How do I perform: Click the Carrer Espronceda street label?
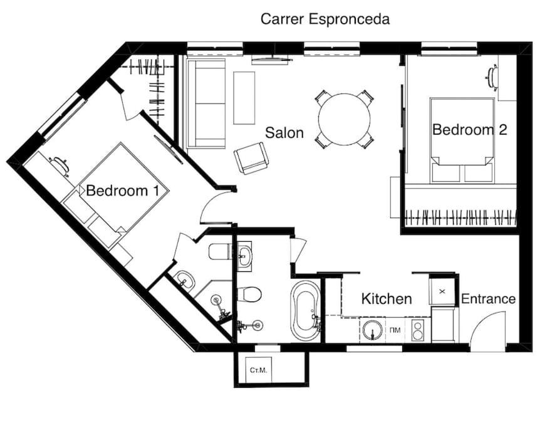point(325,19)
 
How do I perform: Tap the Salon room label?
point(284,132)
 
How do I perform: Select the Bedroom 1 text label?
point(122,191)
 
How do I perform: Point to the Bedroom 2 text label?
point(470,130)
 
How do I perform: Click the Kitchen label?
point(387,299)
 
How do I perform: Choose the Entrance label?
point(489,299)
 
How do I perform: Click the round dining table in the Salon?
point(344,119)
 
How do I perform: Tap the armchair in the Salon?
point(251,158)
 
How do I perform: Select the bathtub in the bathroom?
point(306,311)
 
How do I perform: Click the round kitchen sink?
point(373,330)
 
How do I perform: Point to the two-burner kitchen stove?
point(417,330)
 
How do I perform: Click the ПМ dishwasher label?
point(395,330)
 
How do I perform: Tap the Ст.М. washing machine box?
point(258,369)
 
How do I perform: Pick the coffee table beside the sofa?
point(244,98)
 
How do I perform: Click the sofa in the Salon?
point(206,103)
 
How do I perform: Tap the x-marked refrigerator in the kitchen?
point(442,291)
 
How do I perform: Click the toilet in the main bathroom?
point(249,295)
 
